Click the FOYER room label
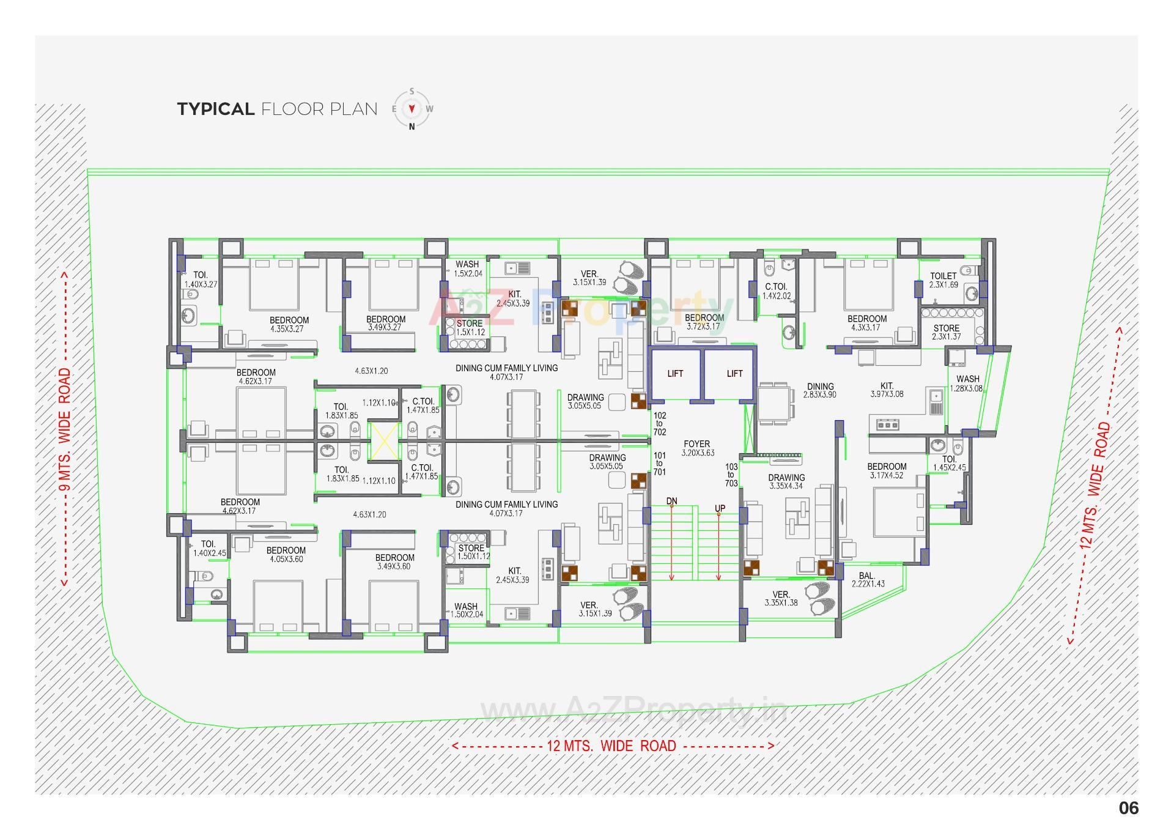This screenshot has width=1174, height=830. point(697,448)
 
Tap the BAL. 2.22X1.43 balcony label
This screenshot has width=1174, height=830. point(867,580)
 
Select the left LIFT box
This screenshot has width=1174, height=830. point(675,374)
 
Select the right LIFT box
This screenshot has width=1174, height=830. point(734,374)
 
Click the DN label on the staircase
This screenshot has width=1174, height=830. point(671,502)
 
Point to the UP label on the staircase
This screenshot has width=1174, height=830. point(720,509)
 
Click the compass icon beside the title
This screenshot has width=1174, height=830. point(412,109)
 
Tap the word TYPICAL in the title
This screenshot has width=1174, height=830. point(216,109)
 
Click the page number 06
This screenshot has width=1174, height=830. point(1128,808)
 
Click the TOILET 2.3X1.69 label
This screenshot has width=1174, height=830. point(943,280)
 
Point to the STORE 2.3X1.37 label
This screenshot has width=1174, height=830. point(946,332)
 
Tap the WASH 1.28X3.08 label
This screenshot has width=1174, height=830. point(967,384)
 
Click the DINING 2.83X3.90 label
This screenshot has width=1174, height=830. point(820,390)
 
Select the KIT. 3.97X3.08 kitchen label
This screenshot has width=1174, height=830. point(887,390)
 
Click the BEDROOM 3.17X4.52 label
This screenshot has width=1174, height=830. point(887,470)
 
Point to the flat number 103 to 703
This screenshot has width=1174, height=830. point(731,475)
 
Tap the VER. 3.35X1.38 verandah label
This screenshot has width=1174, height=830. point(781,598)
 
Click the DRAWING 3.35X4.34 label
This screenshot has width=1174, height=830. point(786,481)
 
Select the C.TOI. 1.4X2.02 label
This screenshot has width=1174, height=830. point(776,291)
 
